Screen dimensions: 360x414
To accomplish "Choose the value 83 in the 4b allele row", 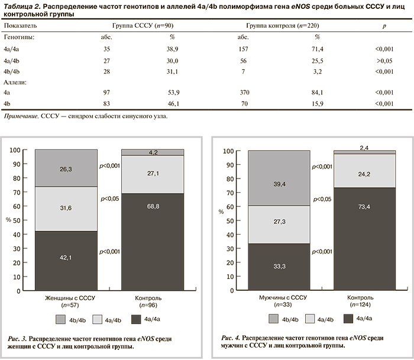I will click(107, 103).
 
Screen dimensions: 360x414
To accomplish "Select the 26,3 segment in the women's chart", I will click(66, 168).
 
